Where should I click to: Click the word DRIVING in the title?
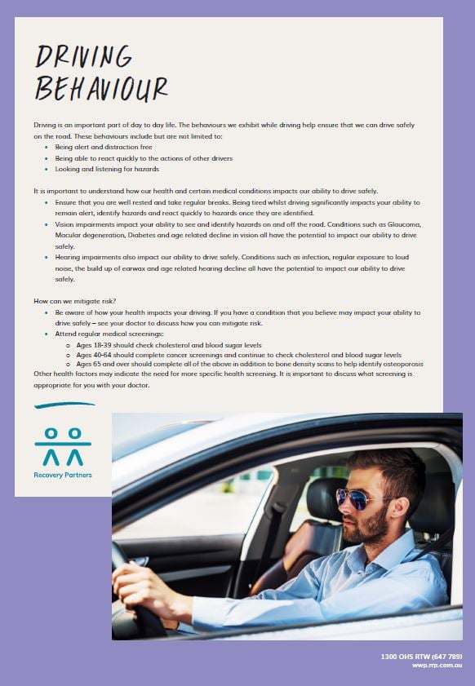83,56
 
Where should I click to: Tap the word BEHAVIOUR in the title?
101,88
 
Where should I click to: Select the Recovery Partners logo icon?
63,446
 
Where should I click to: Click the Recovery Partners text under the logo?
63,475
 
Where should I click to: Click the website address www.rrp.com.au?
437,666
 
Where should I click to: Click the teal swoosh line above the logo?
64,405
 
